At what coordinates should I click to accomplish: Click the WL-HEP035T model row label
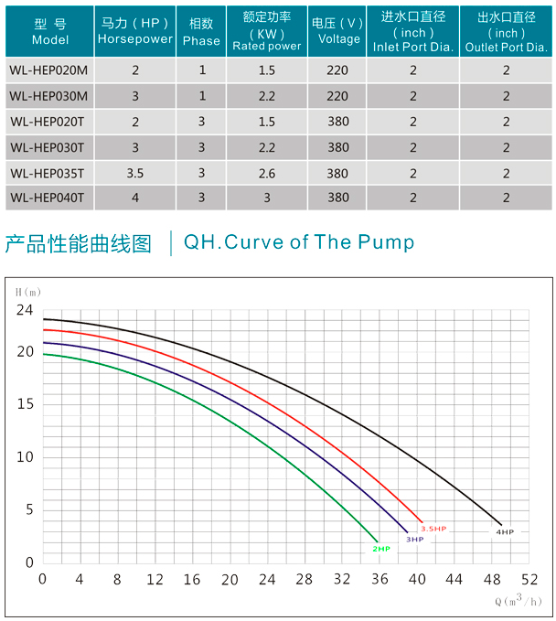tap(47, 172)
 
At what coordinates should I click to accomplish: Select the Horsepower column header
tap(135, 32)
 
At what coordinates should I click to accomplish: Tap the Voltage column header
tap(338, 32)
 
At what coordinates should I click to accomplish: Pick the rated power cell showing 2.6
tap(266, 172)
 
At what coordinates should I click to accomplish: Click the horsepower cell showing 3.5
tap(135, 172)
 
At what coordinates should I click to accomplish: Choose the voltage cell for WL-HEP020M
tap(338, 70)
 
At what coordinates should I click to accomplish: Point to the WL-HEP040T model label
tap(47, 197)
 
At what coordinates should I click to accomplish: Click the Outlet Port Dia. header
tap(506, 32)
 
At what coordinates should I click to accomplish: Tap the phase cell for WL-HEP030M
tap(201, 95)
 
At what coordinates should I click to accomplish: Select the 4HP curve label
tap(505, 531)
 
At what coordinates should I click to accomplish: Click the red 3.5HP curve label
tap(433, 529)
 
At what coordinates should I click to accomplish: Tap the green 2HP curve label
tap(380, 549)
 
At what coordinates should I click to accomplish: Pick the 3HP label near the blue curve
tap(414, 540)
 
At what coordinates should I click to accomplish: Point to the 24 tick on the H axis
tap(24, 310)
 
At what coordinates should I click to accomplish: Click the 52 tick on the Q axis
tap(529, 580)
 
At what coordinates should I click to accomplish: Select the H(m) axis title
tap(29, 290)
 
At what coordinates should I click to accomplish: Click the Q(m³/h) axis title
tap(518, 601)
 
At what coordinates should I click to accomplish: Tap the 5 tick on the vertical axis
tap(29, 509)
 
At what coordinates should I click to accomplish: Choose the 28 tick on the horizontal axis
tap(305, 580)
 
